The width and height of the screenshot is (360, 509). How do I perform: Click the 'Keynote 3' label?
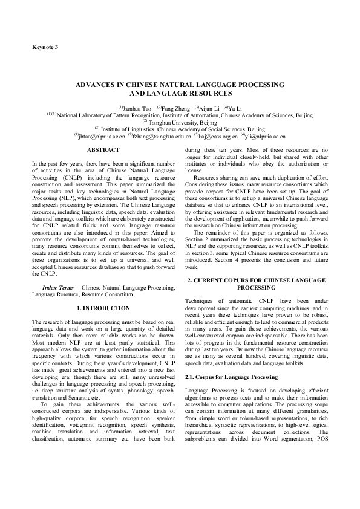click(45, 47)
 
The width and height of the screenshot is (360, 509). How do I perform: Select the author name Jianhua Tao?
click(136, 108)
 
